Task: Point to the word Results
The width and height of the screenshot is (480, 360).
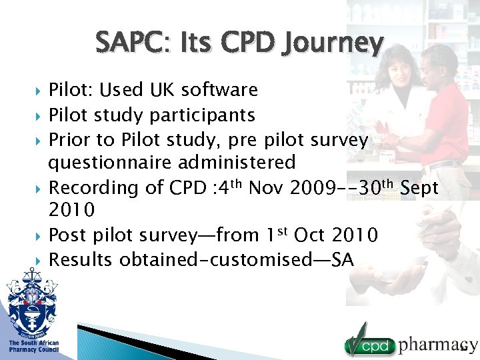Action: click(x=81, y=259)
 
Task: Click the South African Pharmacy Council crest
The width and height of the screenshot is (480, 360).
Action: click(x=32, y=303)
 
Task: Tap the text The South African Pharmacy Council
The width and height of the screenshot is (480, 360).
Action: click(x=33, y=346)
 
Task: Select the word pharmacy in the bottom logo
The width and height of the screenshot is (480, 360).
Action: click(x=438, y=344)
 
